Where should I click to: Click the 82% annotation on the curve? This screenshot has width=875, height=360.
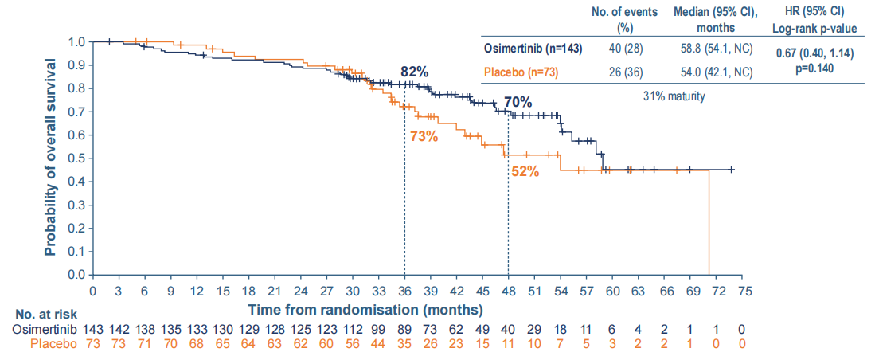click(x=415, y=72)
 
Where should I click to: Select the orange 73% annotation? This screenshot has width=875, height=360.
click(x=424, y=135)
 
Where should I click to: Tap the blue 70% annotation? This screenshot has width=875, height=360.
click(x=518, y=103)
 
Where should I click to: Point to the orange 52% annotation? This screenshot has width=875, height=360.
click(x=525, y=170)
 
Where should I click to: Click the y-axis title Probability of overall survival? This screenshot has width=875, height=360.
click(x=51, y=157)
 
